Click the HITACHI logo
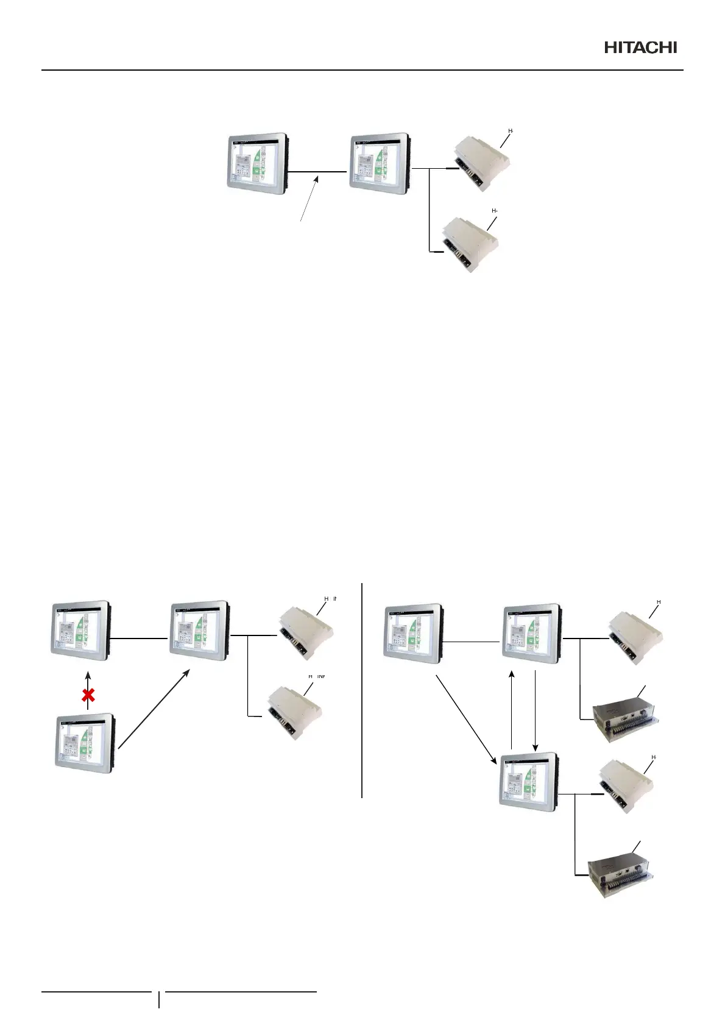(640, 48)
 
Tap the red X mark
(88, 695)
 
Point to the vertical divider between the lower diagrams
(362, 688)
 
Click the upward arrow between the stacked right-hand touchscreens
(512, 710)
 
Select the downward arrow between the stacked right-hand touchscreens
(534, 710)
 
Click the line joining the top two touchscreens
(317, 172)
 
